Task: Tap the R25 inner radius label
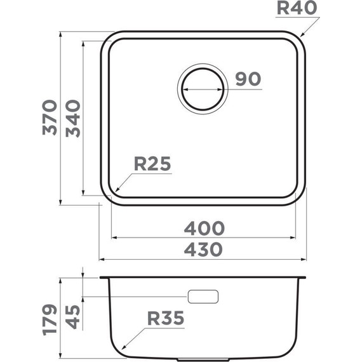(153, 164)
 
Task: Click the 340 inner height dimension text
(73, 118)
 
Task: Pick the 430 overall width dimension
(204, 250)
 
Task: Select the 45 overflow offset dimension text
(73, 316)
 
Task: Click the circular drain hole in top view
(203, 88)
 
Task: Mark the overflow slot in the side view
(203, 296)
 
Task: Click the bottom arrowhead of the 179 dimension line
(60, 357)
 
